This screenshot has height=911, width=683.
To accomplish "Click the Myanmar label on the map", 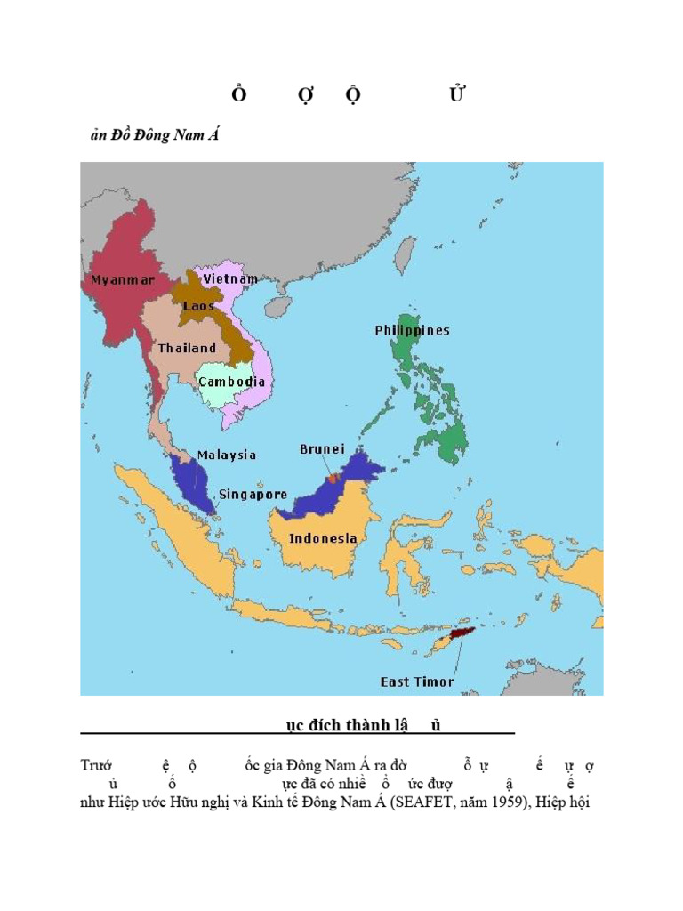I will [123, 280].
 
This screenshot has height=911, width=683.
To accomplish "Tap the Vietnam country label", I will [230, 278].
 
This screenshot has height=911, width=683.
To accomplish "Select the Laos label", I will [198, 306].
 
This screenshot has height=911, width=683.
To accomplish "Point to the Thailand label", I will [187, 348].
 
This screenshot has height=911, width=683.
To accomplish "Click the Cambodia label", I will [231, 382].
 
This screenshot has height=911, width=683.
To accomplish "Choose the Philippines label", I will [412, 330].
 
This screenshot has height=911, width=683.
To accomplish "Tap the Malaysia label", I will [227, 455].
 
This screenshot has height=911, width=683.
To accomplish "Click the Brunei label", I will [322, 449].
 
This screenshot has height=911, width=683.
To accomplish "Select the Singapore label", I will [253, 494].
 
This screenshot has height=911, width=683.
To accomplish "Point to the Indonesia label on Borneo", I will [325, 538].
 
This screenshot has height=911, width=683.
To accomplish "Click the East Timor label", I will [417, 681].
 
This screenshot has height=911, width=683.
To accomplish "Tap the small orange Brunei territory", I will [333, 479].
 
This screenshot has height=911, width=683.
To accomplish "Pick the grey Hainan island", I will [278, 308].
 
